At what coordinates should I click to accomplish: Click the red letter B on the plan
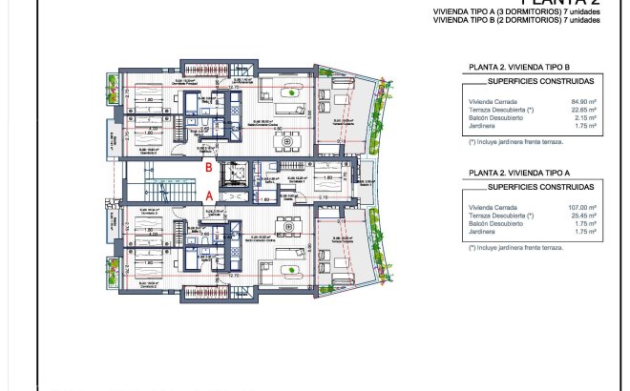point(208,167)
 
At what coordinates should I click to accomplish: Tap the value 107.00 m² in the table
point(582,207)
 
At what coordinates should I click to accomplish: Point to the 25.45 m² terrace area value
point(583,216)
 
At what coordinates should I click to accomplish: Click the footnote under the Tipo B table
point(515,141)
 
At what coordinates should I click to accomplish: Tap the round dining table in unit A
point(283,226)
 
